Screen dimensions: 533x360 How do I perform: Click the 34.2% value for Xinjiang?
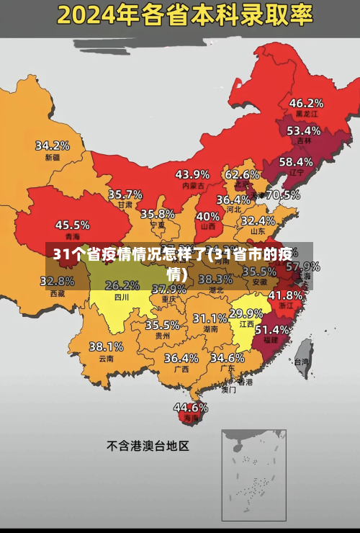click(x=53, y=145)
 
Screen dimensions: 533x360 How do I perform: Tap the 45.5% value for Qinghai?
click(x=73, y=225)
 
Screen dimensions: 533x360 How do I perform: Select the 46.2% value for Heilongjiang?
click(x=306, y=102)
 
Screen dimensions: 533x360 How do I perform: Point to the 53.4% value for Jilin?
click(x=304, y=130)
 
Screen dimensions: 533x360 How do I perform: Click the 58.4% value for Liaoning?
click(x=296, y=162)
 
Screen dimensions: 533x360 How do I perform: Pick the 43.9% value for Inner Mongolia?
click(x=192, y=174)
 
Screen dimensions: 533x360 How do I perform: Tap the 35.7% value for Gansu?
click(x=125, y=194)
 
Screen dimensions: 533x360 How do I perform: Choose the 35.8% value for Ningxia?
click(x=158, y=213)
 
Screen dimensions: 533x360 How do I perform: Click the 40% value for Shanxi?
click(x=208, y=215)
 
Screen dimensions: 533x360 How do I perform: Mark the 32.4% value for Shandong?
click(x=258, y=220)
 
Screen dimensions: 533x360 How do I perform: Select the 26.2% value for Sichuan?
click(x=122, y=285)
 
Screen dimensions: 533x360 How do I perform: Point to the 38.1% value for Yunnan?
click(x=106, y=346)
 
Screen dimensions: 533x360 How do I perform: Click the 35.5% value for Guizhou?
click(x=162, y=325)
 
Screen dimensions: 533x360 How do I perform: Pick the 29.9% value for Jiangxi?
click(x=246, y=313)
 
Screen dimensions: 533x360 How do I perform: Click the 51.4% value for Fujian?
click(x=273, y=329)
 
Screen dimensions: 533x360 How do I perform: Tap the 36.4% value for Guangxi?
click(x=181, y=357)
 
